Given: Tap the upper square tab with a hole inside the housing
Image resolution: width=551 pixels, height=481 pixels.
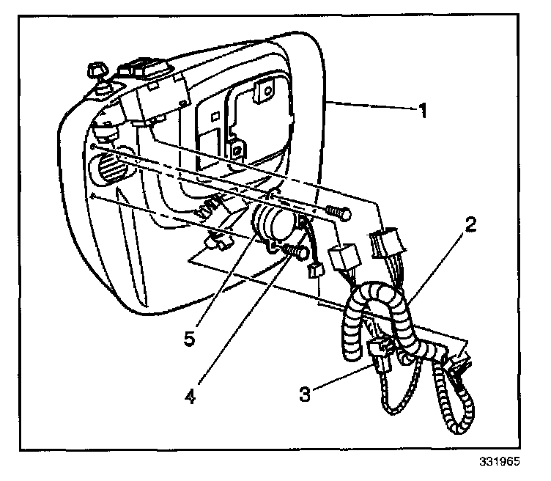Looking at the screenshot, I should tap(262, 91).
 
